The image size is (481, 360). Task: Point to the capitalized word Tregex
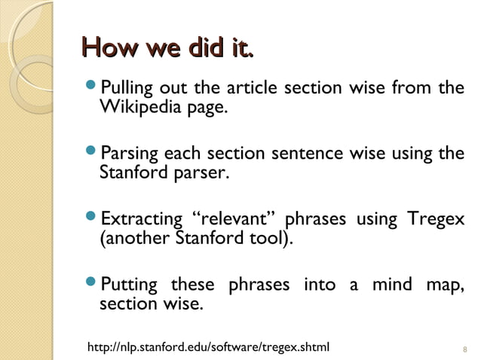(x=436, y=221)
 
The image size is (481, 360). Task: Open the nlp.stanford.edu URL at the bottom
(x=209, y=347)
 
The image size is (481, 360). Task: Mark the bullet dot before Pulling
(x=93, y=89)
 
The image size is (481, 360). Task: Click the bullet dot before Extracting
(x=93, y=221)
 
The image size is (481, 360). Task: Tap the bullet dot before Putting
(x=93, y=286)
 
